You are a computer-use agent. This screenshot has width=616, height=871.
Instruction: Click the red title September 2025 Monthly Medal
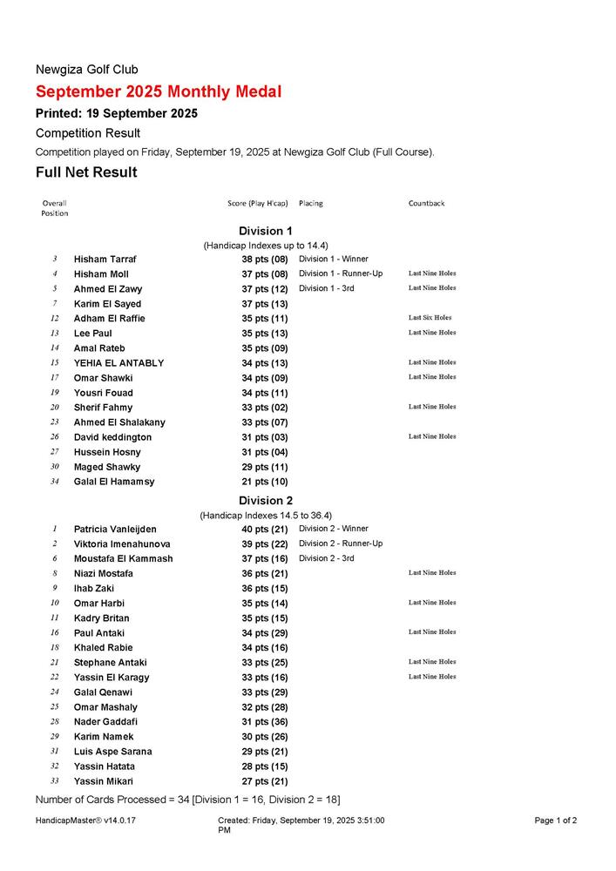coord(159,91)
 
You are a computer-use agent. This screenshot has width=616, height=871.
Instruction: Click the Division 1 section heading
coord(266,231)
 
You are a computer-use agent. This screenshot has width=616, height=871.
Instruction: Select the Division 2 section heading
coord(266,500)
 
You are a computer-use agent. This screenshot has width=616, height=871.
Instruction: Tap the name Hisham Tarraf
coord(105,259)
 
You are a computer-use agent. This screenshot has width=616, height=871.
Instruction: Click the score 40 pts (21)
coord(265,529)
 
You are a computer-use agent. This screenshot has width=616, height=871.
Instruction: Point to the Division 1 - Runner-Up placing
coord(341,273)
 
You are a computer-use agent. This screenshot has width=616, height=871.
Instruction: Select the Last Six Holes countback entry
coord(430,318)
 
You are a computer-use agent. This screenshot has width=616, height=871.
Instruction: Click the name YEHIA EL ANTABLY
coord(118,362)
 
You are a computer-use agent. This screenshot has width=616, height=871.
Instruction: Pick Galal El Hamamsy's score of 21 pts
coord(265,482)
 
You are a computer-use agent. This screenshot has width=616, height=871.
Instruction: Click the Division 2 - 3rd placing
coord(327,558)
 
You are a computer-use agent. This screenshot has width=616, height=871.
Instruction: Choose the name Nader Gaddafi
coord(105,721)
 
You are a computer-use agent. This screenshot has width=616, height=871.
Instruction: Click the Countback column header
coord(426,203)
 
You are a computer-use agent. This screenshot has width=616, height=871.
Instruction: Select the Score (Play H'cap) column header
coord(257,203)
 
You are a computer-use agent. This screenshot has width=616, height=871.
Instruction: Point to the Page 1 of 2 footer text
coord(556,820)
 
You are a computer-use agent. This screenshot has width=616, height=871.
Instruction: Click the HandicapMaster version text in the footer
coord(85,820)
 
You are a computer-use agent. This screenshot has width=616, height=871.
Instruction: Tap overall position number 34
coord(54,482)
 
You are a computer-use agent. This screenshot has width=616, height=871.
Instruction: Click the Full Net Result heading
coord(86,172)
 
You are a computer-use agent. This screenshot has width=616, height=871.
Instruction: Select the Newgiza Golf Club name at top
coord(86,69)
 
